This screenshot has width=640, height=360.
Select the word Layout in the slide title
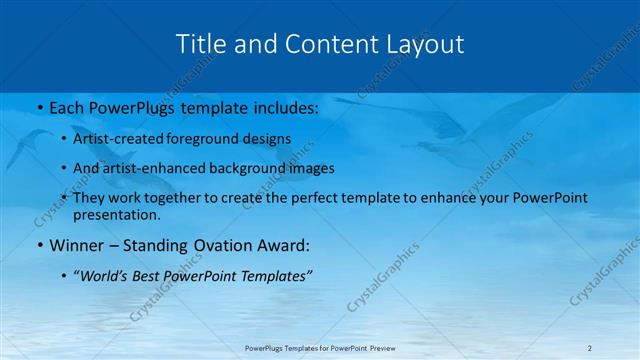(x=426, y=45)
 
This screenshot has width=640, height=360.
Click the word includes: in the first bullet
(x=281, y=107)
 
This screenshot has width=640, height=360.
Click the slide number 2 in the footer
(x=590, y=348)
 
